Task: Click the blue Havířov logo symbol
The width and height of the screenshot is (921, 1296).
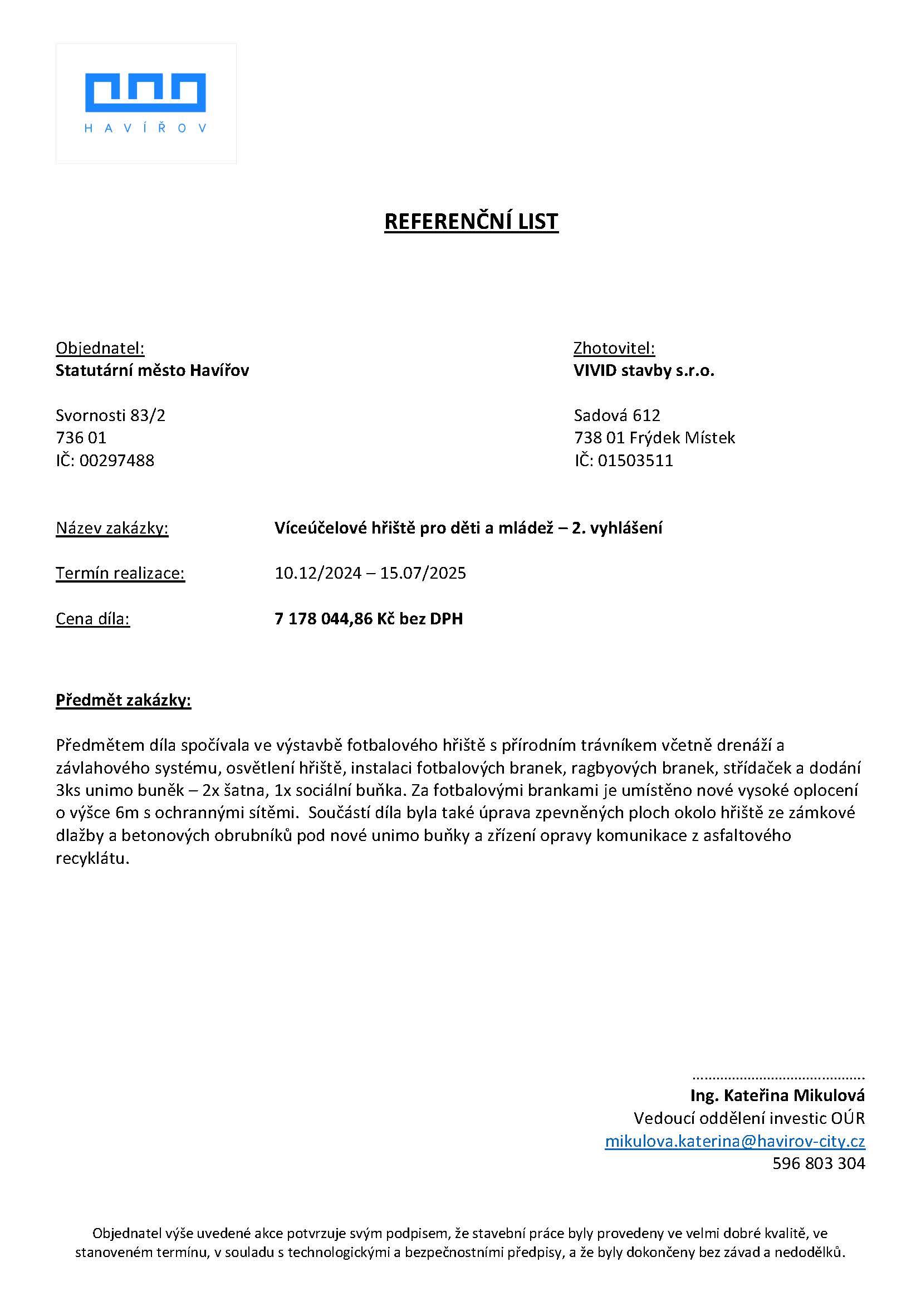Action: click(x=145, y=92)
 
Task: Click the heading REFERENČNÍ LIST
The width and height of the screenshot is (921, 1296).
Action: click(x=471, y=221)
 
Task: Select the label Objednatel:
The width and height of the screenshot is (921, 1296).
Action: click(x=100, y=348)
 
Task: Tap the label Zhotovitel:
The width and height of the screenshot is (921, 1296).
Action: click(x=614, y=348)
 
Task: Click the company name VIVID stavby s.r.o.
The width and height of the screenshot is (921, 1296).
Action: click(x=644, y=370)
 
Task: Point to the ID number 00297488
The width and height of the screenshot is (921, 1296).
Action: click(x=116, y=460)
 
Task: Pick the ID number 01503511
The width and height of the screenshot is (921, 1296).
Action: click(x=635, y=460)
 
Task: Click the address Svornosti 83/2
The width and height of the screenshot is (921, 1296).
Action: click(x=111, y=415)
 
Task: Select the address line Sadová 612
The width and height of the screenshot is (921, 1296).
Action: click(x=617, y=415)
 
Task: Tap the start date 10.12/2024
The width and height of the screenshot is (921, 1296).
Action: click(x=317, y=573)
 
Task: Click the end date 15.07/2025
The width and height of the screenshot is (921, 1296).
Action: click(x=423, y=573)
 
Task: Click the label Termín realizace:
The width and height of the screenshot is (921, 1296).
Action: click(x=120, y=573)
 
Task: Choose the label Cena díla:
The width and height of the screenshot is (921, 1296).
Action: click(x=92, y=618)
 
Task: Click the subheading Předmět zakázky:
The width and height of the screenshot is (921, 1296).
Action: click(x=123, y=701)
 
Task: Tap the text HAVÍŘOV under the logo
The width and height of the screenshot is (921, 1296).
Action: click(x=145, y=129)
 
